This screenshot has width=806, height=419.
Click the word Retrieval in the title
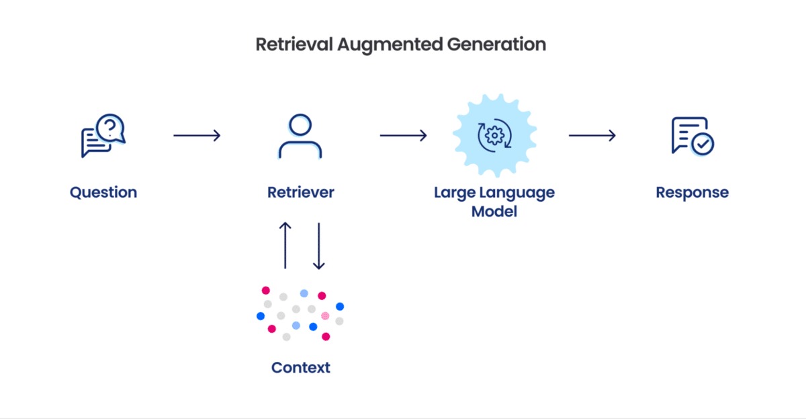pos(292,45)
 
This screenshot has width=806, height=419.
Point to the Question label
pos(103,192)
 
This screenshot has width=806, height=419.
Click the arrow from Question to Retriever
pos(197,136)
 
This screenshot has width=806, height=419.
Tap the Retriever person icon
pos(300,136)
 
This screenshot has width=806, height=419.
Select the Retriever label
pos(300,192)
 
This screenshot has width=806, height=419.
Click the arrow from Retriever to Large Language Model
pos(403,136)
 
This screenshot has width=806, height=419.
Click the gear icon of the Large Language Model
pos(494,136)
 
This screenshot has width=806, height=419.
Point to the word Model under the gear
pos(494,211)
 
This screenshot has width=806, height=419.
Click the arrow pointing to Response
pos(592,136)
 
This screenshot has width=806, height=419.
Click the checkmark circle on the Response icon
pos(703,144)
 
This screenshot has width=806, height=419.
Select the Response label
pos(692,192)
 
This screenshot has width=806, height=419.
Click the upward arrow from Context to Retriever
pos(285,245)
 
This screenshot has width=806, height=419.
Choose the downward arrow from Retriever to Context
pos(319,245)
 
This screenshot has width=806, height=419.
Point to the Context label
pos(300,368)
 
